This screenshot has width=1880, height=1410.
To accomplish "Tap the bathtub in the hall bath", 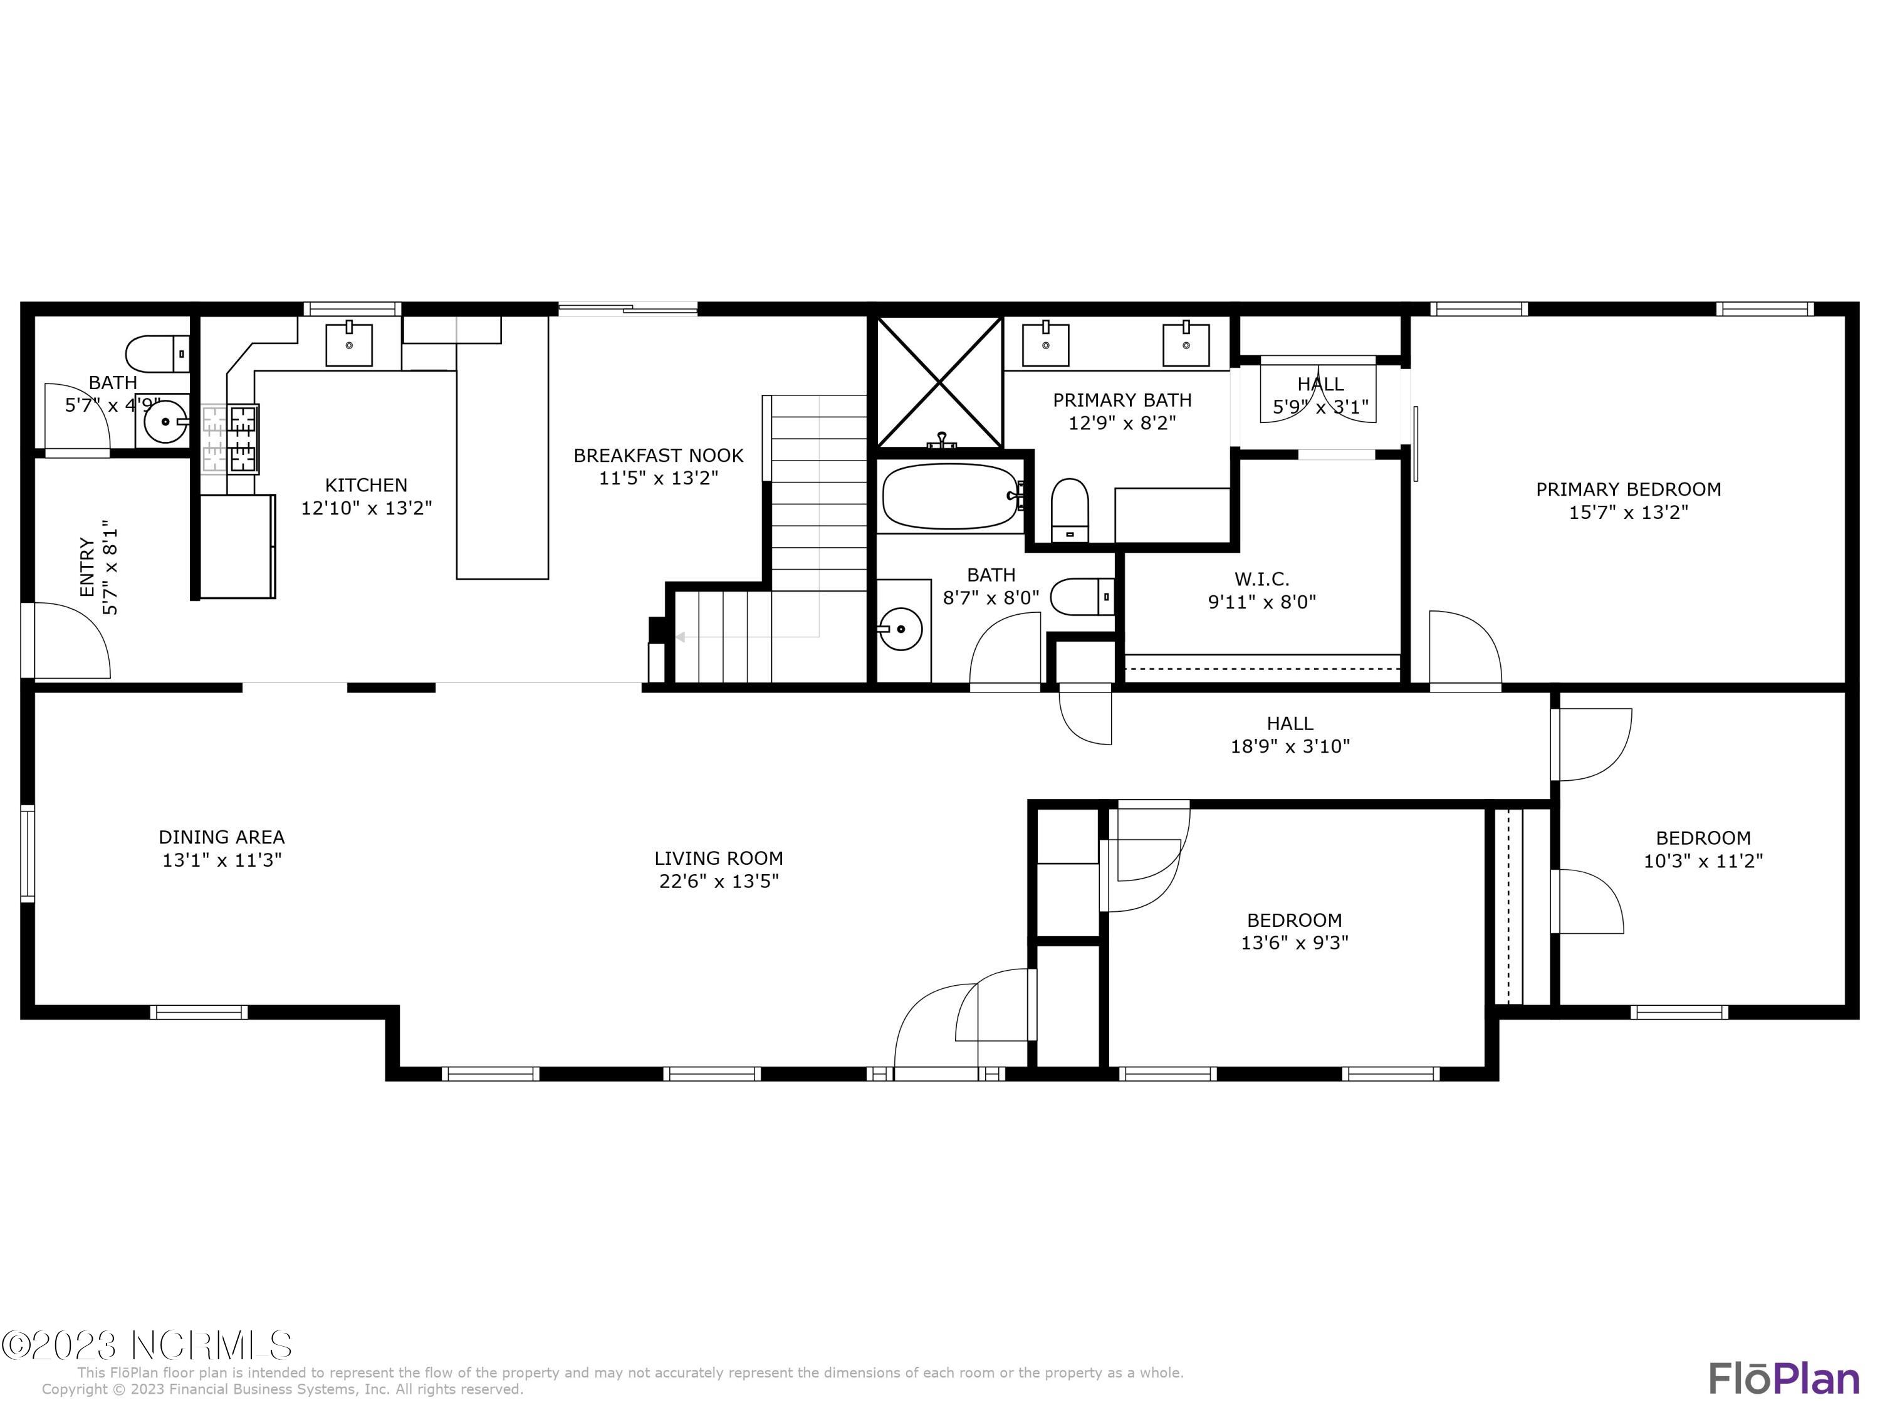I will tap(949, 496).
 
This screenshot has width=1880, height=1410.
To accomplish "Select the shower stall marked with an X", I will tap(939, 382).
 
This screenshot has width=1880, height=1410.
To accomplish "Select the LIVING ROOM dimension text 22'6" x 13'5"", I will tap(718, 881).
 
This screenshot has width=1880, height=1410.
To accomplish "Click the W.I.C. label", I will tap(1261, 580).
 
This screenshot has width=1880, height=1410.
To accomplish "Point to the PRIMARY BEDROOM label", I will tap(1627, 489).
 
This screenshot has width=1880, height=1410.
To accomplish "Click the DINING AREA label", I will tap(221, 837).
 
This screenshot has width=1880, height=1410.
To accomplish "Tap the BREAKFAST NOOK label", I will tap(658, 456).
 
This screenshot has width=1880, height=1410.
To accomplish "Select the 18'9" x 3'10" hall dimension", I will tap(1289, 746).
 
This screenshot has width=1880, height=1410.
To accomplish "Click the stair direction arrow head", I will tap(680, 637).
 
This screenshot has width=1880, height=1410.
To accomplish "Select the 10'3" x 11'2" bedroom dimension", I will tap(1703, 861).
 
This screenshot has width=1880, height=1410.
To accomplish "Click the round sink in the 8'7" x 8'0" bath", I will tap(900, 629).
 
